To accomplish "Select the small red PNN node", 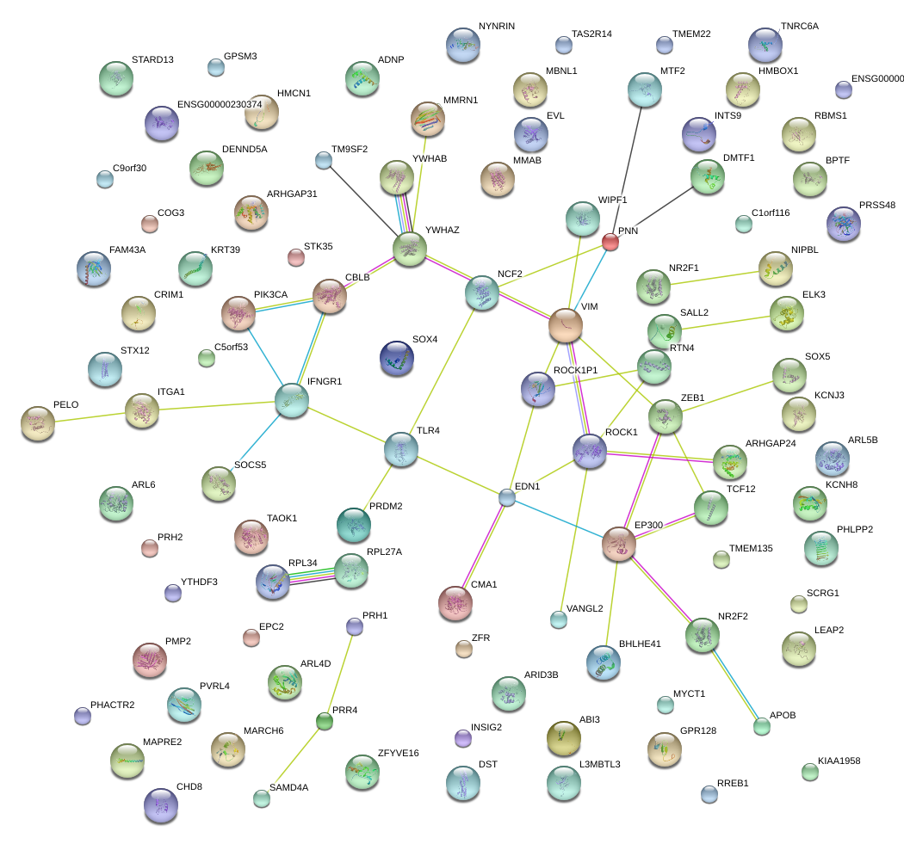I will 610,242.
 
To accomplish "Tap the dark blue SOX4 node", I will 397,358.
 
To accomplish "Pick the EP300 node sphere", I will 618,544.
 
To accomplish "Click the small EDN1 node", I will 507,497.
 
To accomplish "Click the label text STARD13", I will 152,60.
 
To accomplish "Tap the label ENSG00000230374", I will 220,104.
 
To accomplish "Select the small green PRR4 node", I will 324,721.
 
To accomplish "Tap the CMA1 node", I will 455,603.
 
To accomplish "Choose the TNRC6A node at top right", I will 765,45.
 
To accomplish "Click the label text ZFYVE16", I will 398,754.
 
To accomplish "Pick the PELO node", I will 38,423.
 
